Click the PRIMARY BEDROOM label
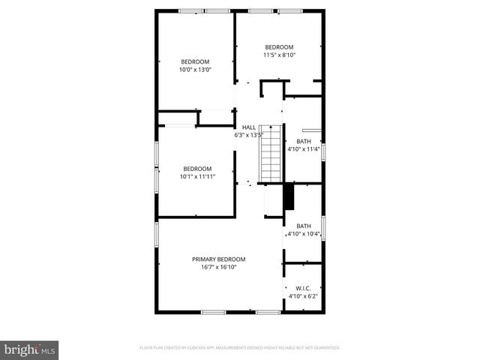tap(218, 259)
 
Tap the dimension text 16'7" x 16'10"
tap(218, 267)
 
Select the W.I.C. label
tap(303, 288)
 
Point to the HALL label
tap(248, 127)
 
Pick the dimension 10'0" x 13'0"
tap(194, 70)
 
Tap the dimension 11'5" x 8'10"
tap(279, 55)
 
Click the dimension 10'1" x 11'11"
tap(197, 177)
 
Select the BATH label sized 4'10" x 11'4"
tap(303, 141)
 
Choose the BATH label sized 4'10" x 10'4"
tap(303, 226)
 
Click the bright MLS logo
tap(30, 349)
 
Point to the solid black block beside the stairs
tap(286, 198)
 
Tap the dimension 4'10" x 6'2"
tap(303, 296)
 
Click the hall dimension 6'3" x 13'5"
tap(248, 136)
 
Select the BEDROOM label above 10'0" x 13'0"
tap(195, 61)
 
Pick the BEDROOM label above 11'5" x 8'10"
tap(279, 46)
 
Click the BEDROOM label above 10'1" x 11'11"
tap(197, 169)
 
